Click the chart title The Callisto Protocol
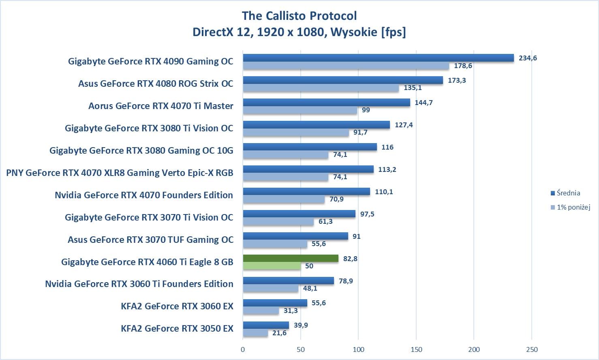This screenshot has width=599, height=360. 299,16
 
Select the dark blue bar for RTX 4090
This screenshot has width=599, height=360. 378,58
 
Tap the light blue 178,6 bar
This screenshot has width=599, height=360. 346,66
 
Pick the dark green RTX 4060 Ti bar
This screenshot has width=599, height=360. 291,259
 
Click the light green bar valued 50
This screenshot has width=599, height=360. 272,266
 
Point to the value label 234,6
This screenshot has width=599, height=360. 528,58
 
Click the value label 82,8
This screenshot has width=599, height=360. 350,259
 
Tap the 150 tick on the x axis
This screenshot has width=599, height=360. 416,349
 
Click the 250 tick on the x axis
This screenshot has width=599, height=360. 532,349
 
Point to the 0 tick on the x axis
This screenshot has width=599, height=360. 243,349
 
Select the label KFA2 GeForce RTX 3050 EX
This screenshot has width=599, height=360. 177,328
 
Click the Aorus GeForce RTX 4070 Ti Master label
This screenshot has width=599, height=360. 161,106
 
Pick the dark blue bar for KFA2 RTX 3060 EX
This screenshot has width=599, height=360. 275,303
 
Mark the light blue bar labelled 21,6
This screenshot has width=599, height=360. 255,333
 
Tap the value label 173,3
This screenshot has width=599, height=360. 457,80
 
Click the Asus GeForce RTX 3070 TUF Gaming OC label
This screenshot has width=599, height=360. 150,240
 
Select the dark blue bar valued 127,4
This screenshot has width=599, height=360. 316,125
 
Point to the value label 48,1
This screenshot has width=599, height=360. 310,288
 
